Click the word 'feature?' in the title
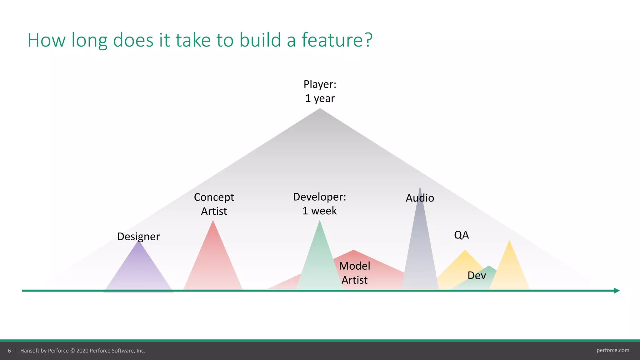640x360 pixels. pyautogui.click(x=337, y=40)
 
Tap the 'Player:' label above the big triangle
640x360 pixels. pyautogui.click(x=320, y=84)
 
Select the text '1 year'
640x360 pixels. pyautogui.click(x=320, y=98)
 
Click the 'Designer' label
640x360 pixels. pyautogui.click(x=138, y=237)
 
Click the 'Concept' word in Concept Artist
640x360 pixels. pyautogui.click(x=214, y=197)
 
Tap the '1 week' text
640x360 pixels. pyautogui.click(x=319, y=211)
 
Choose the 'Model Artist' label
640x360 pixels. pyautogui.click(x=354, y=273)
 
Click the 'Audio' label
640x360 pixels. pyautogui.click(x=420, y=198)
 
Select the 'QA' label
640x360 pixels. pyautogui.click(x=461, y=235)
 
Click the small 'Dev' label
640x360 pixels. pyautogui.click(x=477, y=276)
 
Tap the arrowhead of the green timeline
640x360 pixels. pyautogui.click(x=617, y=291)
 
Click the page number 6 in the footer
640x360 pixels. pyautogui.click(x=9, y=351)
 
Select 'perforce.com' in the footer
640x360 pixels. pyautogui.click(x=612, y=350)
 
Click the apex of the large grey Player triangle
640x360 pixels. pyautogui.click(x=320, y=109)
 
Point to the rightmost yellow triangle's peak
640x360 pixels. pyautogui.click(x=509, y=241)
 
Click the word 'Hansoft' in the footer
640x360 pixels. pyautogui.click(x=30, y=351)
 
